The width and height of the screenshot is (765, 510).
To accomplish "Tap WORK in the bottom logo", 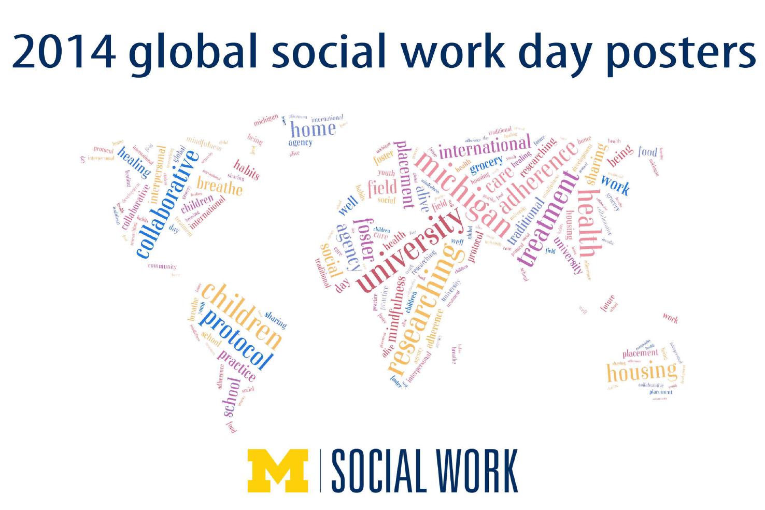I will (x=477, y=471).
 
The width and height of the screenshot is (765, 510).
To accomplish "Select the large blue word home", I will (x=313, y=129).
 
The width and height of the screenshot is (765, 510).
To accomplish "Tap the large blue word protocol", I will (x=236, y=339).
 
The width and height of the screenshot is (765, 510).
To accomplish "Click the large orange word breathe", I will (x=220, y=186).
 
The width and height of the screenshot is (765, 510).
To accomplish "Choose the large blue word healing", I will (x=134, y=162).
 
